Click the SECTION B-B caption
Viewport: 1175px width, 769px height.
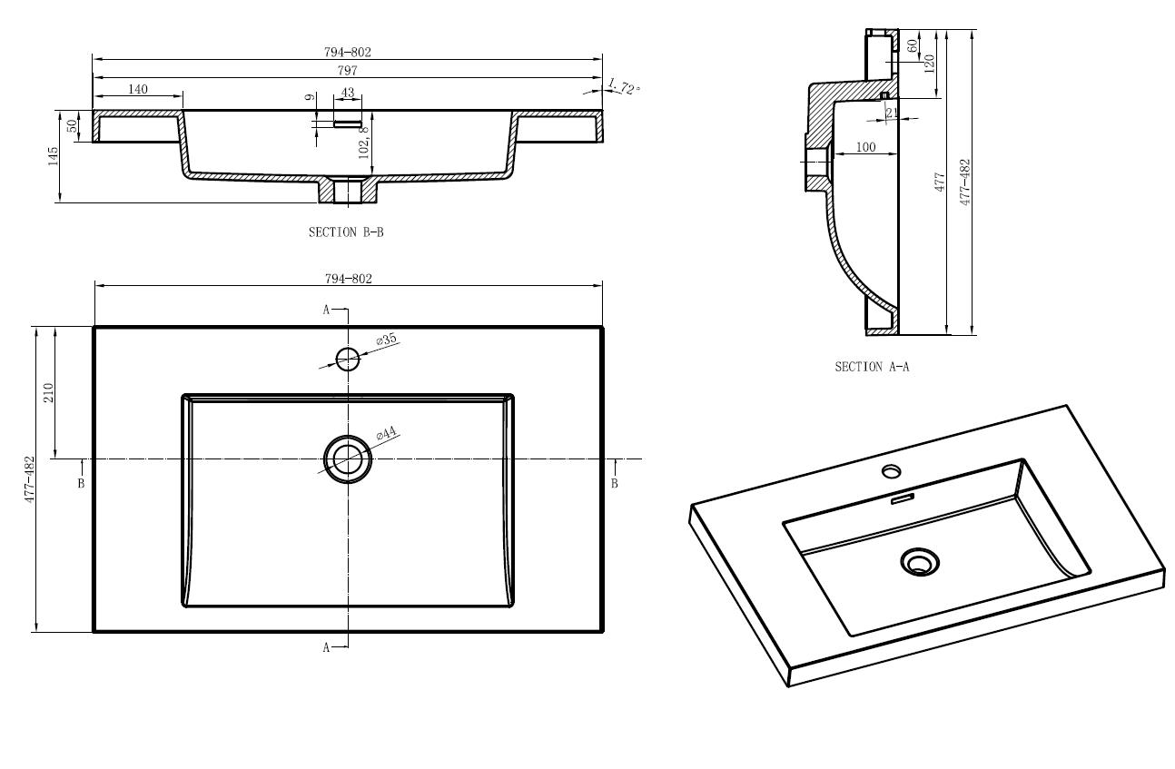coord(346,232)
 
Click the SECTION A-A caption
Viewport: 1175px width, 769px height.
coord(872,367)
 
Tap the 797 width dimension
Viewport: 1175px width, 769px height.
coord(347,70)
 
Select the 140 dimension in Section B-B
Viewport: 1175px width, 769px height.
coord(138,89)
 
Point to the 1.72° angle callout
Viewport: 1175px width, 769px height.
coord(624,86)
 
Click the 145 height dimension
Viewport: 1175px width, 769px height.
coord(53,156)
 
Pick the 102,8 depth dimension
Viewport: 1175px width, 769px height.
coord(364,143)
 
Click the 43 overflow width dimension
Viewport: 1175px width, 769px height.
coord(348,93)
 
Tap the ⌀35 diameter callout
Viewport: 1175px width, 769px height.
coord(387,340)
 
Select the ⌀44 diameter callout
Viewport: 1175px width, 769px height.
coord(387,434)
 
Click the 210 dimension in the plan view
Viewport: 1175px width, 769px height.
coord(48,392)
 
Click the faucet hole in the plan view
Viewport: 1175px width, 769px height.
coord(348,360)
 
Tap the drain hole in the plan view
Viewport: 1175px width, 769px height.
coord(348,459)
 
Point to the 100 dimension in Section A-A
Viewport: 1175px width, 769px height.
coord(865,147)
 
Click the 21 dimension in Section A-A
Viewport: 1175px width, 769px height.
coord(892,113)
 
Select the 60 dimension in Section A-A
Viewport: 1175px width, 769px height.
coord(913,46)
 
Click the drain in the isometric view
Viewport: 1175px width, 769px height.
coord(920,562)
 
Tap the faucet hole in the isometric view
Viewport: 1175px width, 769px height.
coord(891,471)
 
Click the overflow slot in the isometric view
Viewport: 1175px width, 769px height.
coord(903,498)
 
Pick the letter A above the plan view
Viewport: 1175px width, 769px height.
coord(326,310)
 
